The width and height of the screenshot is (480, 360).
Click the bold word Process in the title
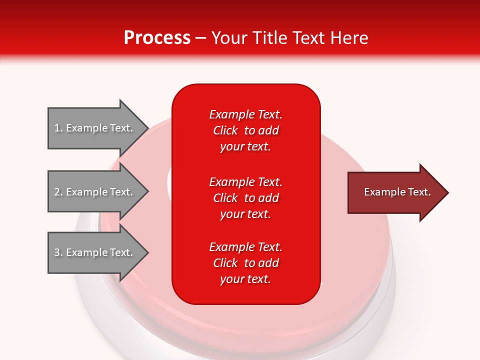[x=157, y=38]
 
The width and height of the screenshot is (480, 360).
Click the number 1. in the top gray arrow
[x=58, y=128]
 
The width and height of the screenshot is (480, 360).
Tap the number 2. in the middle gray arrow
[x=58, y=192]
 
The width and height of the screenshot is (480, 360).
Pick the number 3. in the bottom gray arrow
[x=58, y=252]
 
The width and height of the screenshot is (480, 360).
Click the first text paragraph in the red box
[x=245, y=130]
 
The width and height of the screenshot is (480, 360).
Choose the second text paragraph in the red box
[x=245, y=198]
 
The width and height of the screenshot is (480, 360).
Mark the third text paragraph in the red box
[x=245, y=263]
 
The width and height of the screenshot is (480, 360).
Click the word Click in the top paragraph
[x=225, y=130]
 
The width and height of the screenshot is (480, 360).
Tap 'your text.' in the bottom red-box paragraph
[x=245, y=279]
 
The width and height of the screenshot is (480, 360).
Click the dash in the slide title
[x=201, y=38]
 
